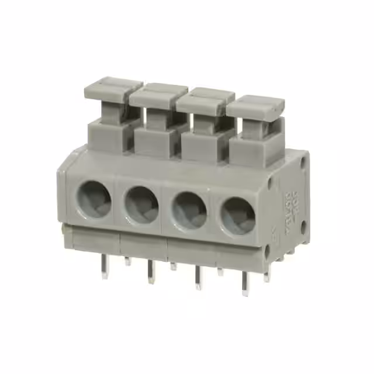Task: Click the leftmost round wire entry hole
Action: coord(95,197)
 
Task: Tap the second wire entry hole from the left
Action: coord(141,204)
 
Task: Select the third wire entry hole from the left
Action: coord(189,210)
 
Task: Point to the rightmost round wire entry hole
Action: coord(237,216)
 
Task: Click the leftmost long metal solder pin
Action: coord(105,268)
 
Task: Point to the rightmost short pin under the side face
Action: coord(266,276)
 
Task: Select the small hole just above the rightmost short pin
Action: coord(267,252)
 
